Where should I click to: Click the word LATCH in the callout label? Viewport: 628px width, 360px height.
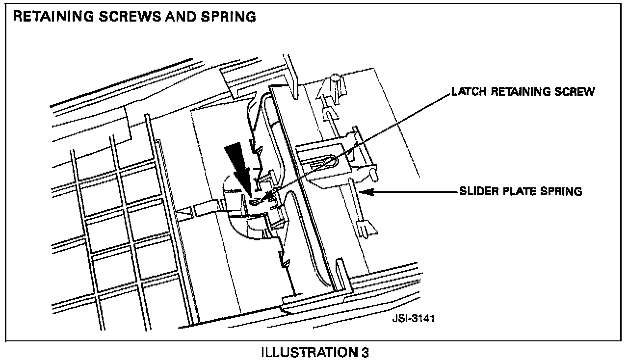coord(463,92)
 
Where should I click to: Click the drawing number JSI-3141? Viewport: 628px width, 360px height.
coord(413,318)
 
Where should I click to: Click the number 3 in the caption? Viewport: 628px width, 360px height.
coord(365,353)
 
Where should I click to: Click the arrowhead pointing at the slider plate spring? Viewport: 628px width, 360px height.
coord(366,192)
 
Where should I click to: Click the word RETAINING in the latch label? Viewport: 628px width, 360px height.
coord(517,92)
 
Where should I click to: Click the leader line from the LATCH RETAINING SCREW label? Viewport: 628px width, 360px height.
coord(363,142)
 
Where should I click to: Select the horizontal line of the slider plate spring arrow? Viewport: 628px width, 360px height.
coord(412,192)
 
